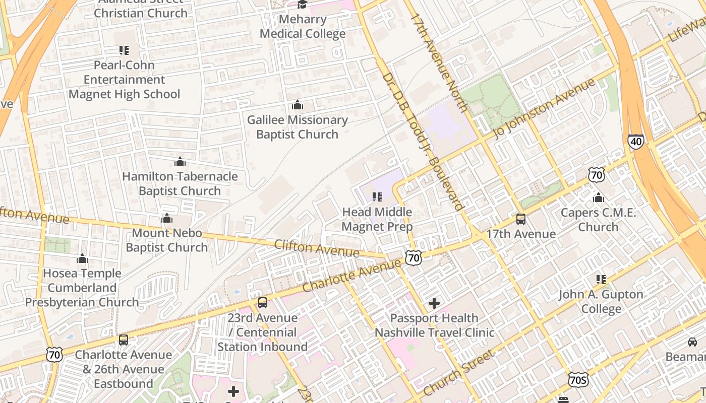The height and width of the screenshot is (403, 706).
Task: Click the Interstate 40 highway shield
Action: (x=636, y=142)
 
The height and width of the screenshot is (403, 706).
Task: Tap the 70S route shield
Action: (x=578, y=380)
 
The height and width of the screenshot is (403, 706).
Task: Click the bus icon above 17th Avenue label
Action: (x=521, y=219)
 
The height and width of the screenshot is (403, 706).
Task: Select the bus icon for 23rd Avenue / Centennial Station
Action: (x=263, y=303)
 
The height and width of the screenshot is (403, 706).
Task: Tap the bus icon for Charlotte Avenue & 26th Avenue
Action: (x=124, y=340)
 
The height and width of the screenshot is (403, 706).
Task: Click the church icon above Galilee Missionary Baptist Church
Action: (x=298, y=105)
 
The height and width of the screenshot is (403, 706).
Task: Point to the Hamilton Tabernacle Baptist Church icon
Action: (x=180, y=162)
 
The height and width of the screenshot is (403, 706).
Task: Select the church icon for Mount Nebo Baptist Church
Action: (x=167, y=218)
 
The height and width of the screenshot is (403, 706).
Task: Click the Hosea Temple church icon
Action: (x=82, y=259)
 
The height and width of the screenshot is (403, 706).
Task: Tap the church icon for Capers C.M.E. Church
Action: (x=599, y=197)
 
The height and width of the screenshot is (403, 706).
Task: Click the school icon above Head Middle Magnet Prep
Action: (x=377, y=197)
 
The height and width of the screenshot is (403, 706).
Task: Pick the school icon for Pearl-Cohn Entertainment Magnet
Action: (x=124, y=50)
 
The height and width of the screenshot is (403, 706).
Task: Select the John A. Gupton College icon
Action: (x=601, y=279)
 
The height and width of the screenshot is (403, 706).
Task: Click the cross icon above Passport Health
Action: (x=434, y=303)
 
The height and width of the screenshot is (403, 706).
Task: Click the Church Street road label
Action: (x=459, y=373)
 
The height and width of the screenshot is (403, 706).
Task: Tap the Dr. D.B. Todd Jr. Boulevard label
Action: (x=422, y=142)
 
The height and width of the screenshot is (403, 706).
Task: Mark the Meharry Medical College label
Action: (x=303, y=27)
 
